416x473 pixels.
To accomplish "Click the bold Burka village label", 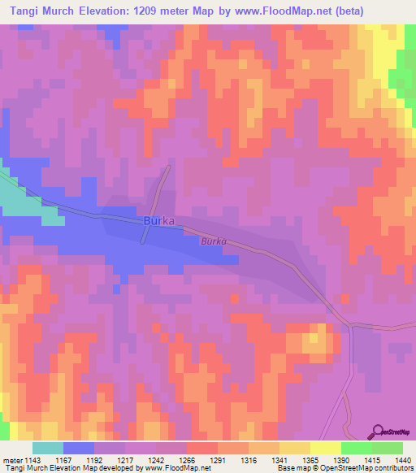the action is click(x=159, y=221).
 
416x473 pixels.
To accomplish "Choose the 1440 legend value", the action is click(x=403, y=460).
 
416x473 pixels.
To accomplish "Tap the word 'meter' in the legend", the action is click(x=12, y=460).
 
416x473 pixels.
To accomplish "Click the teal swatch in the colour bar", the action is click(x=48, y=448).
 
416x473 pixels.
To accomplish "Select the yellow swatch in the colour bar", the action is click(x=325, y=448).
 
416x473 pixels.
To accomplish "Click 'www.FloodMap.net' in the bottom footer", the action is click(x=171, y=469).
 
